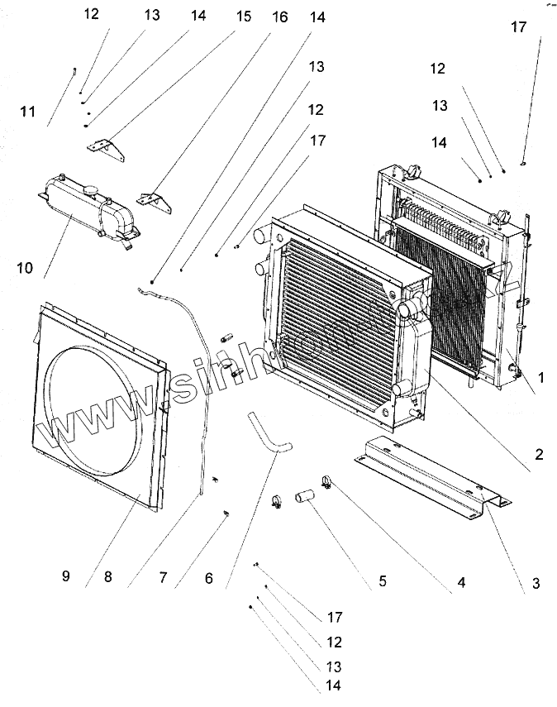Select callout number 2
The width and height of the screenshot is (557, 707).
[x=538, y=453]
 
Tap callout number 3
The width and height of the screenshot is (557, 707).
[x=536, y=584]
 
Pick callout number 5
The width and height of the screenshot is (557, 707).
[x=383, y=580]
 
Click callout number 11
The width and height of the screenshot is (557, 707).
[x=28, y=111]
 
